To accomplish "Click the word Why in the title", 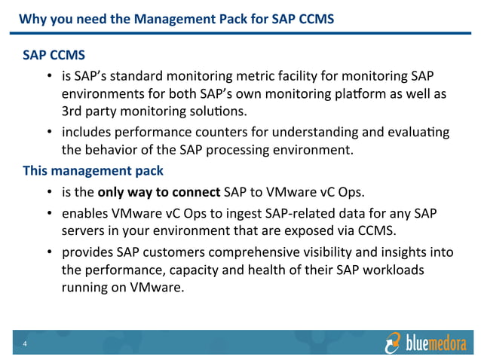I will (x=31, y=17).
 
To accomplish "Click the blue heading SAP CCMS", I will (x=54, y=56).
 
